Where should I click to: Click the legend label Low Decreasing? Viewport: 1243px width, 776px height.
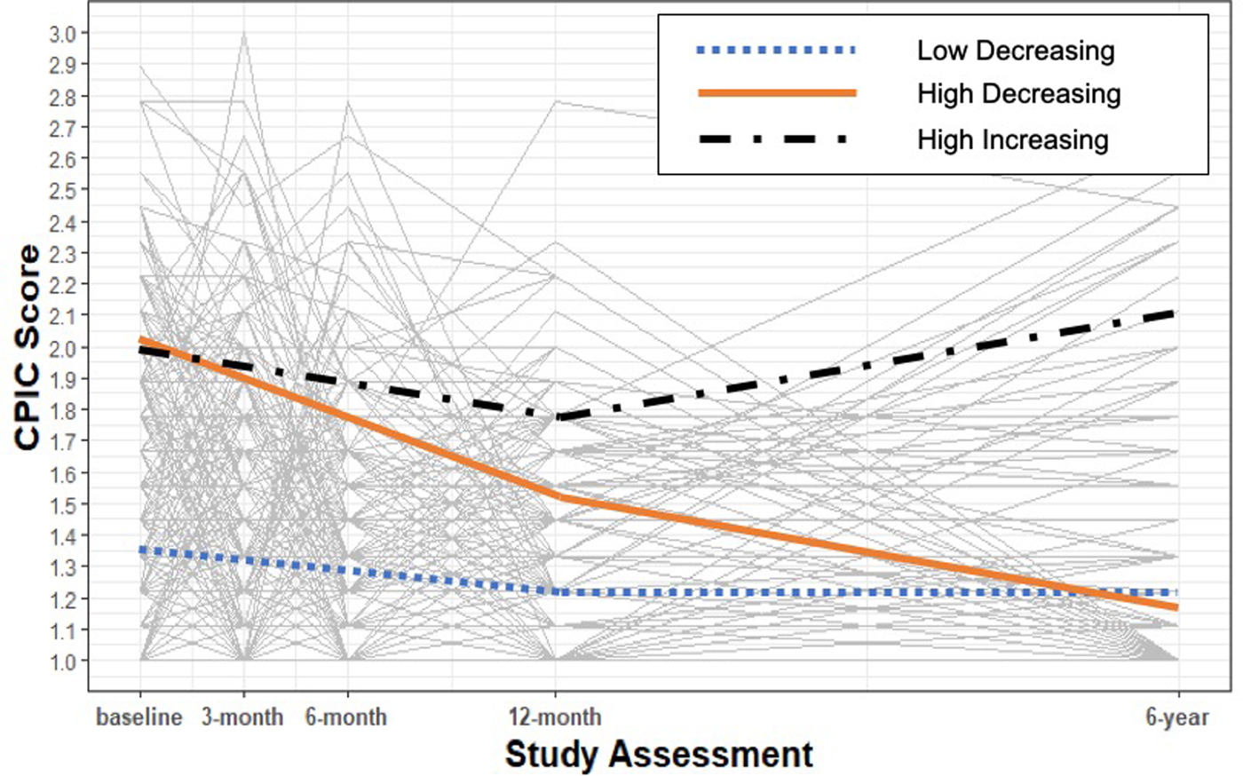click(1016, 51)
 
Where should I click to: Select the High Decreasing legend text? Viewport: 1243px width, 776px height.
click(1018, 94)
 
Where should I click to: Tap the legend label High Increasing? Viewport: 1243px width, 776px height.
click(1012, 139)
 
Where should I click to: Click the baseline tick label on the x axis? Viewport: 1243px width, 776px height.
click(139, 717)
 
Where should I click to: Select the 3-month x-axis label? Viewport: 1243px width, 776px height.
click(242, 717)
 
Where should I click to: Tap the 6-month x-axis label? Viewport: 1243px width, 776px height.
click(346, 717)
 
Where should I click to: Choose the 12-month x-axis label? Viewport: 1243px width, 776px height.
click(555, 717)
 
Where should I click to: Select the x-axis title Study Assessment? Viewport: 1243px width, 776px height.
click(659, 755)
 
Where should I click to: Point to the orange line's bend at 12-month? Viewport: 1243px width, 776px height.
click(556, 496)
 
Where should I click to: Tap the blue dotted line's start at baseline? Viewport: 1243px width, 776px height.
click(140, 550)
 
